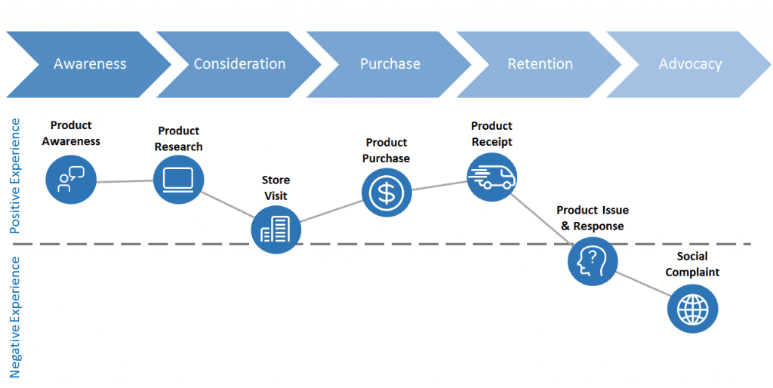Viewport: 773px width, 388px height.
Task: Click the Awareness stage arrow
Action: coord(89,64)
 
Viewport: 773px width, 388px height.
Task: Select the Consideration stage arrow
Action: coord(239,64)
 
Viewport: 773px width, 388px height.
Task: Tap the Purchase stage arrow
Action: coord(390,64)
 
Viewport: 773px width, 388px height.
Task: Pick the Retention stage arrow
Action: coord(540,64)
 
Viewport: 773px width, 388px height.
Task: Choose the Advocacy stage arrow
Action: coord(690,64)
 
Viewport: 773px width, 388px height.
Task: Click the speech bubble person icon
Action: coord(71,179)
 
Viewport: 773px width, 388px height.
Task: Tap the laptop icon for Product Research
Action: coord(179,179)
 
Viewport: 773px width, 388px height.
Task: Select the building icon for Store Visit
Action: coord(276,229)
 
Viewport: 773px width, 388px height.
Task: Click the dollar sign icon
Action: coord(386,192)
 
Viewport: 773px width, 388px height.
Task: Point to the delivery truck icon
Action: coord(491,176)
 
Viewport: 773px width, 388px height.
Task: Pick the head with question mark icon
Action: coord(593,260)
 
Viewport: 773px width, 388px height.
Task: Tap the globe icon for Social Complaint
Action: coord(692,309)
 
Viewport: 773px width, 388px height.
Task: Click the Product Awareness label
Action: coord(71,133)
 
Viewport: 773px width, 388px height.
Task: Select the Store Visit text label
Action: coord(276,188)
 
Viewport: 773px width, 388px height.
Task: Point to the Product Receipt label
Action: coord(491,134)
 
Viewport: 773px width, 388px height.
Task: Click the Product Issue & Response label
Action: coord(593,218)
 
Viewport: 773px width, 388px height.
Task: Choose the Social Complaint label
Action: coord(692,264)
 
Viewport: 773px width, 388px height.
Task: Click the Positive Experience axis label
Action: coord(15,176)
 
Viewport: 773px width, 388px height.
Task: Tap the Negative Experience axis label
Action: coord(15,316)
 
